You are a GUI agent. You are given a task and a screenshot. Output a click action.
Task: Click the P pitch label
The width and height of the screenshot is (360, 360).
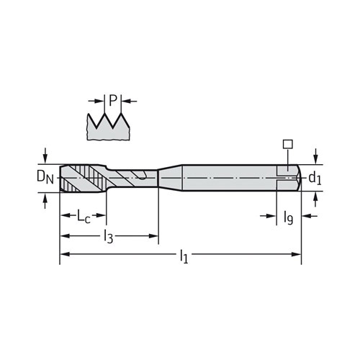(x=113, y=100)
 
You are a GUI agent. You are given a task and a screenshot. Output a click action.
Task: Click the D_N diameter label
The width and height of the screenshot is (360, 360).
(x=45, y=177)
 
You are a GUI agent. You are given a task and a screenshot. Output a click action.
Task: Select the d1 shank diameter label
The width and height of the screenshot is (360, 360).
(x=315, y=179)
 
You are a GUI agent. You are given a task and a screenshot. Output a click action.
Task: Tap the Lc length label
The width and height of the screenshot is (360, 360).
(x=84, y=216)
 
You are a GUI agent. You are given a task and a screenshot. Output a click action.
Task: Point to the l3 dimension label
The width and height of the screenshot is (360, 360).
(x=108, y=237)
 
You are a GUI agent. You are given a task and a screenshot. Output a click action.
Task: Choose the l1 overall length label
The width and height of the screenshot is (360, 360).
(x=184, y=256)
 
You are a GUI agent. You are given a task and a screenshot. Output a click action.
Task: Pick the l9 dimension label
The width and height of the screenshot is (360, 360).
(x=288, y=217)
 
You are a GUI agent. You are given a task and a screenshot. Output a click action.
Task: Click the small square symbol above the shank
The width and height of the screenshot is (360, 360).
(x=288, y=144)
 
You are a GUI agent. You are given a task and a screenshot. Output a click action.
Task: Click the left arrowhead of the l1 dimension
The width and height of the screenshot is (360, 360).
(x=65, y=254)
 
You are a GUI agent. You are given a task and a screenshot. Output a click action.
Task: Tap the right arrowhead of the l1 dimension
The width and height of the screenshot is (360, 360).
(x=296, y=254)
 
